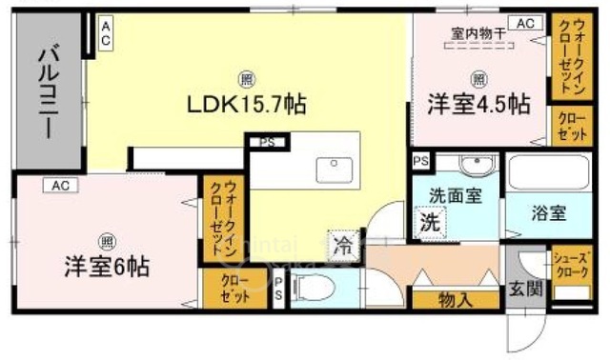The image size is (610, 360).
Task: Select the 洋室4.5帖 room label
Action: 479,105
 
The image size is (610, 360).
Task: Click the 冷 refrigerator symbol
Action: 342,246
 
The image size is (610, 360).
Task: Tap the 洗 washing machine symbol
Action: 431,224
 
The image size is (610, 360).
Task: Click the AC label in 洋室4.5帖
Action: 523,23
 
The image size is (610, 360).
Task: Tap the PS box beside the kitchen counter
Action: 266,143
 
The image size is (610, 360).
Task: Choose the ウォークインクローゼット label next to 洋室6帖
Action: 218,216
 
